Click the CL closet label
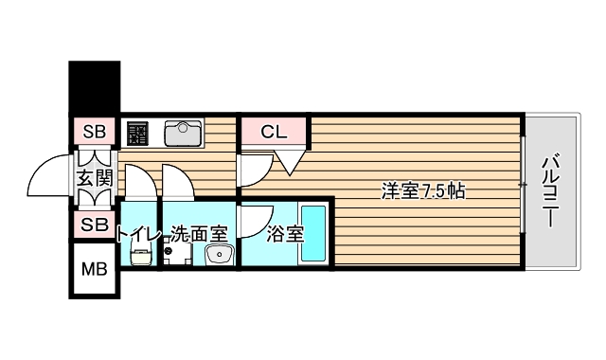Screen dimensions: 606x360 (274, 132)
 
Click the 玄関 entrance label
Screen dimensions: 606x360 (95, 178)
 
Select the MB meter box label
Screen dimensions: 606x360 (95, 269)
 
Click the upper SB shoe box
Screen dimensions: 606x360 (95, 132)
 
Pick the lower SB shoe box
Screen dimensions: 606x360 (95, 225)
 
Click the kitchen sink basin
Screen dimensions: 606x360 (184, 134)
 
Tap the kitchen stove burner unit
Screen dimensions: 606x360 (138, 133)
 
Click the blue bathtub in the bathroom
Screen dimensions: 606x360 (312, 234)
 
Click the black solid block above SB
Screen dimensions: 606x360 (95, 88)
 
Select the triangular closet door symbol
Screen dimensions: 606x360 (290, 163)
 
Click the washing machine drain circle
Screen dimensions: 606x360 (169, 252)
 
